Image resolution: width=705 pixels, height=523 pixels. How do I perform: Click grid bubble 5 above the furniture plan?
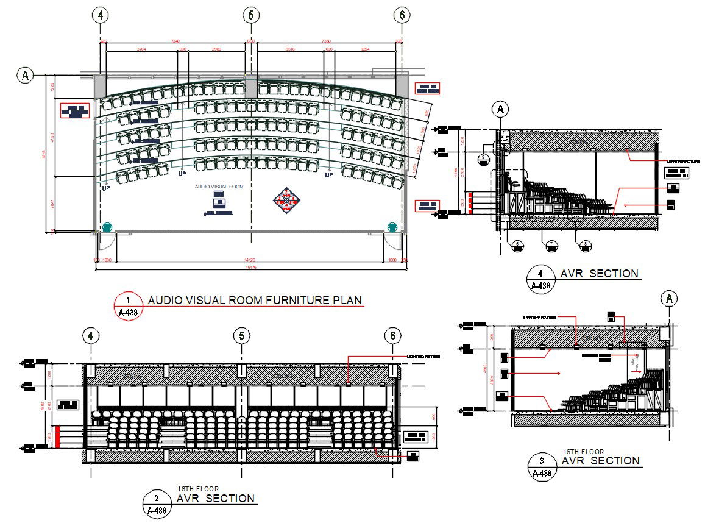click(250, 15)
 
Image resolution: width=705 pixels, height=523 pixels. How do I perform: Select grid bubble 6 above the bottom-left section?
click(393, 335)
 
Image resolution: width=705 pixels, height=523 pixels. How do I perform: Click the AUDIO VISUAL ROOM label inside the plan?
click(219, 187)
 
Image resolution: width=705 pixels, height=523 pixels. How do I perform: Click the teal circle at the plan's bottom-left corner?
click(107, 227)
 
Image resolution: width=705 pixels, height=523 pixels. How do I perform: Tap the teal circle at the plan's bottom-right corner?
click(392, 227)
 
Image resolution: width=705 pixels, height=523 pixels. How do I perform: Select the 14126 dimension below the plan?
click(250, 260)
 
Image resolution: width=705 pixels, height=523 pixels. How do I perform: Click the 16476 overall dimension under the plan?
click(250, 267)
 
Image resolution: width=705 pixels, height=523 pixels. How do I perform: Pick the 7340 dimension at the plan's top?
click(176, 41)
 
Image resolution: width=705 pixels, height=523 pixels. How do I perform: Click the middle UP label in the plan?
click(182, 174)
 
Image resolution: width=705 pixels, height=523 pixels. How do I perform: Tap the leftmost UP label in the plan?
click(106, 188)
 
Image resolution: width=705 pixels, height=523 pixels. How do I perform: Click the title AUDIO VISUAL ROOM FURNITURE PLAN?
click(255, 300)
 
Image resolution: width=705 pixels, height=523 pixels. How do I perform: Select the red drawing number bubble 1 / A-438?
click(128, 306)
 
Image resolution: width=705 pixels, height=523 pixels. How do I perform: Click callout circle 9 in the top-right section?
click(483, 158)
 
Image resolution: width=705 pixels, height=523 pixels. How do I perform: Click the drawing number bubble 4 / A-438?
click(540, 279)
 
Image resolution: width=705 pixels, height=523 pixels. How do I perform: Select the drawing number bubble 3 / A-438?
click(542, 466)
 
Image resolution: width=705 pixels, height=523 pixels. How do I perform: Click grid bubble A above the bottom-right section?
click(669, 298)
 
